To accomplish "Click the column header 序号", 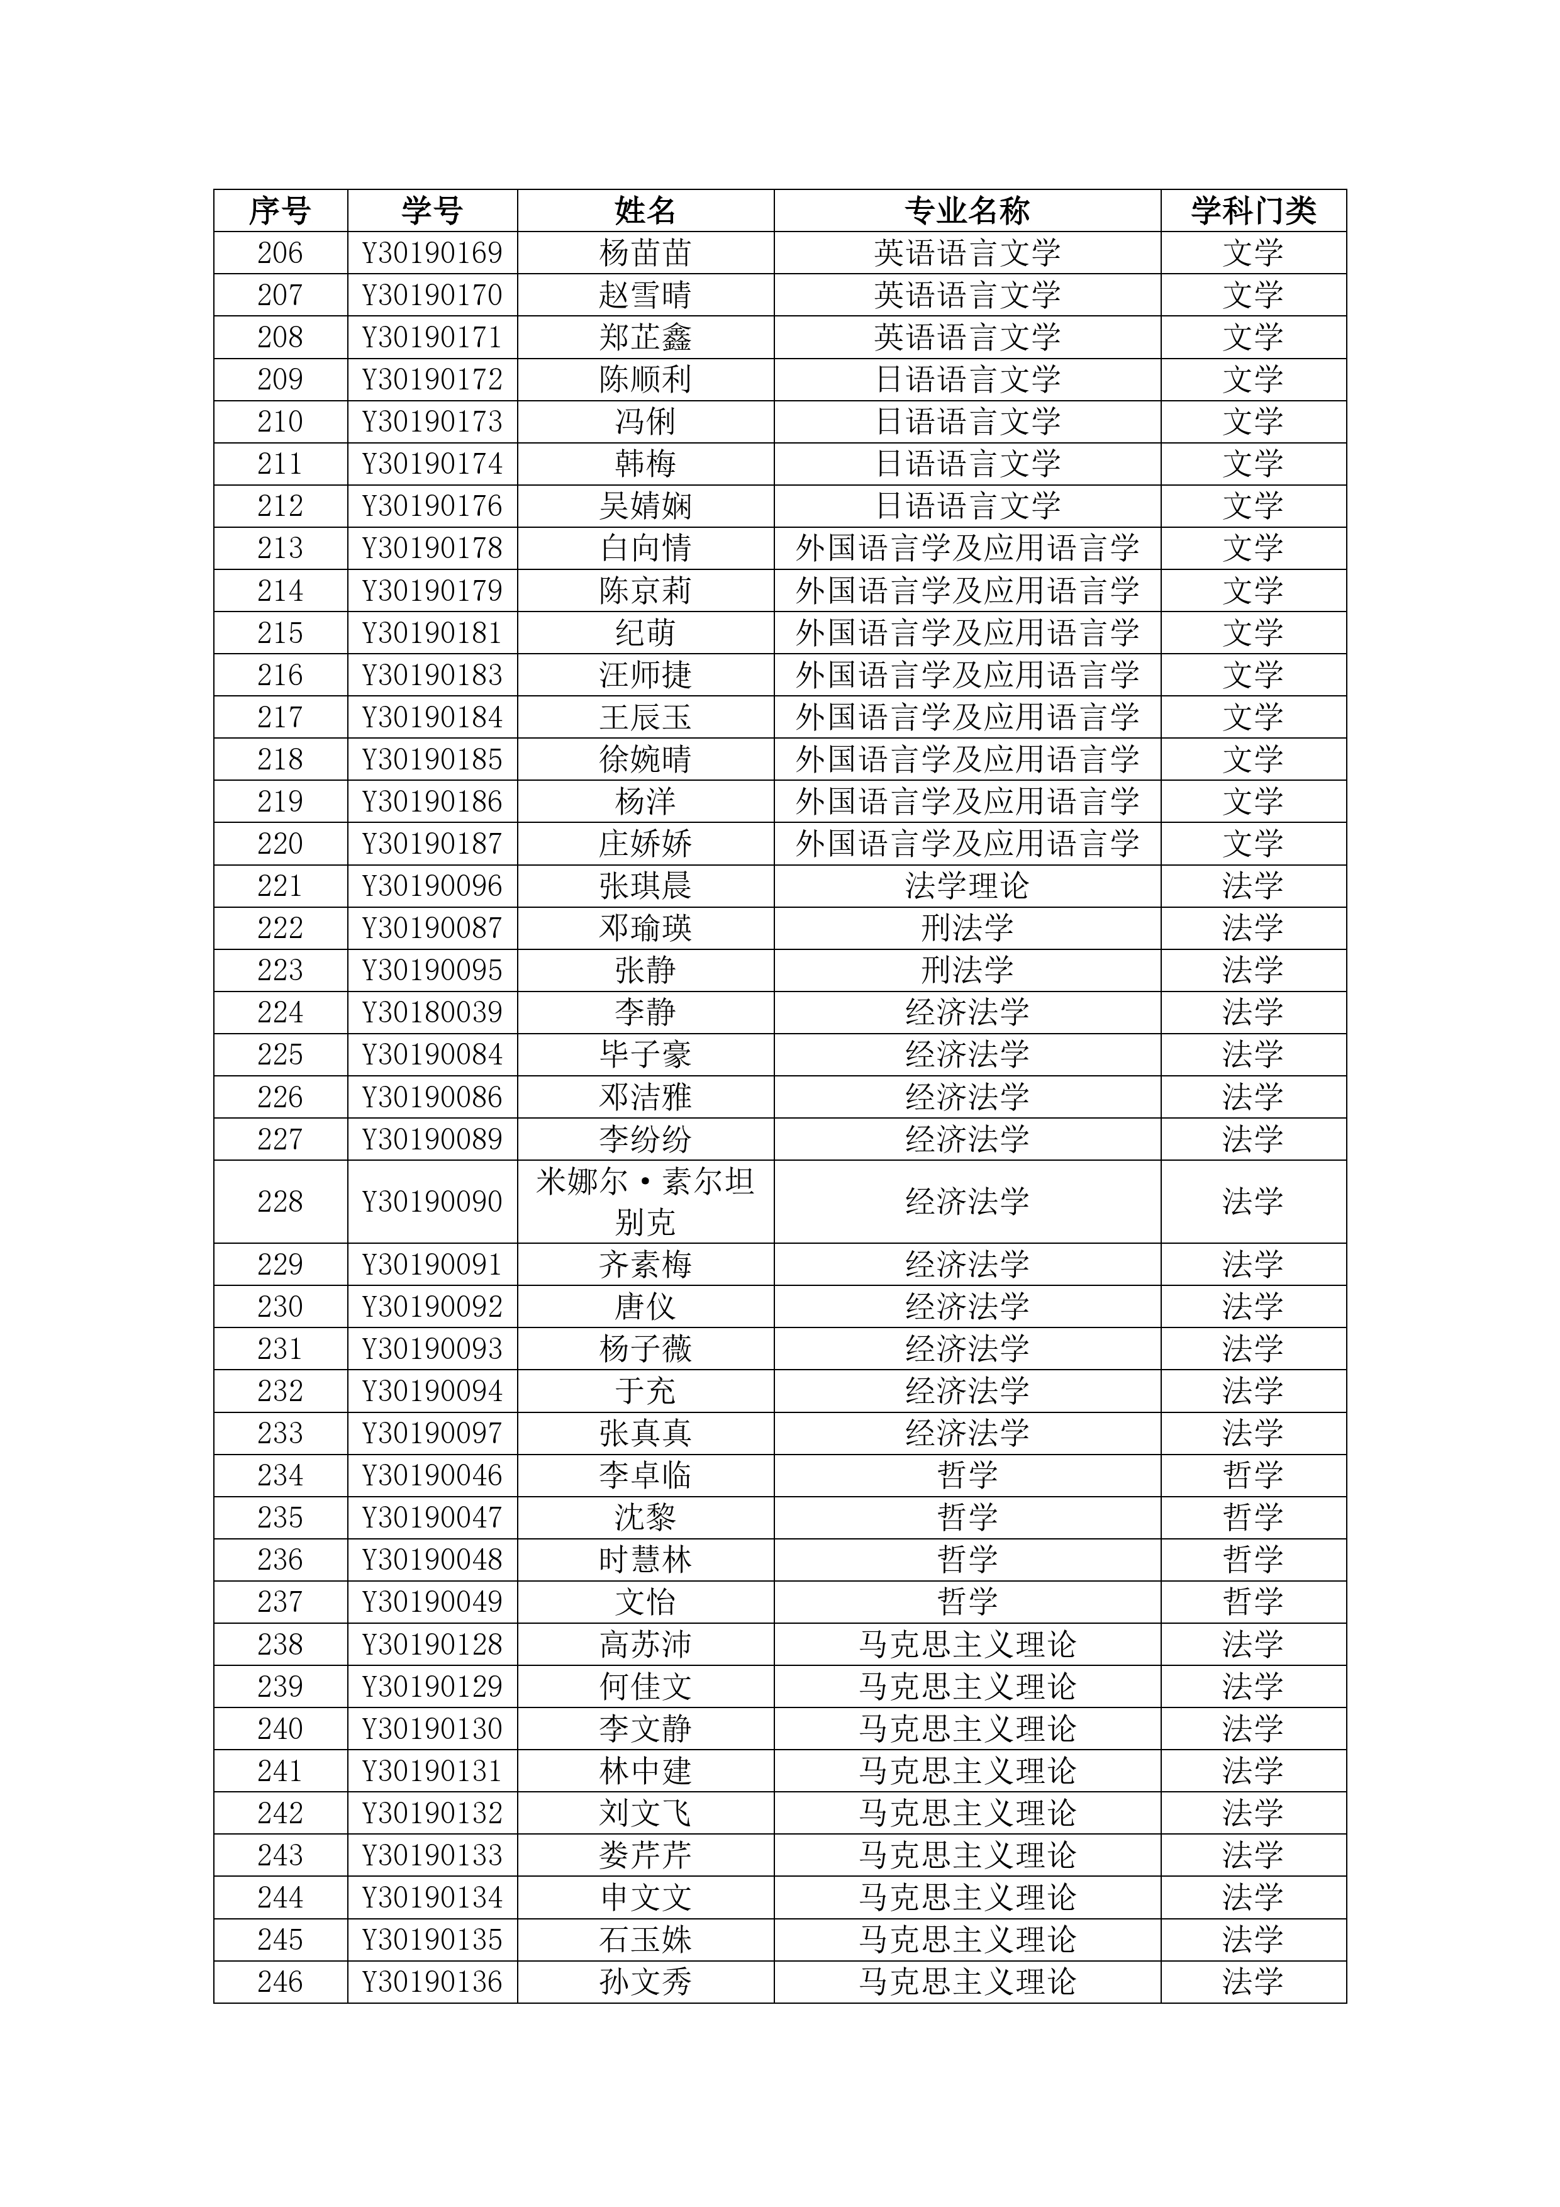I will click(280, 211).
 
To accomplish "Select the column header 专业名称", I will click(966, 211).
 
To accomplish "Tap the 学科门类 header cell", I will click(1252, 211).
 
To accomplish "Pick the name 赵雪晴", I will click(645, 295).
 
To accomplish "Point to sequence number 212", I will click(280, 506).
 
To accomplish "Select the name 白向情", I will click(645, 548).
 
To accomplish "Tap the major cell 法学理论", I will click(966, 885).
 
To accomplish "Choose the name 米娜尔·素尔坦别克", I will click(645, 1202).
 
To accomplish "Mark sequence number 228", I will click(280, 1202).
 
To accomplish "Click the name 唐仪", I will click(645, 1306).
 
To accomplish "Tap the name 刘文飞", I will click(645, 1813).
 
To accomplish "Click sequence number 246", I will click(280, 1982).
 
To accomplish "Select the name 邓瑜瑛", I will click(645, 927).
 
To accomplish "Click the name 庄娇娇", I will click(645, 844).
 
